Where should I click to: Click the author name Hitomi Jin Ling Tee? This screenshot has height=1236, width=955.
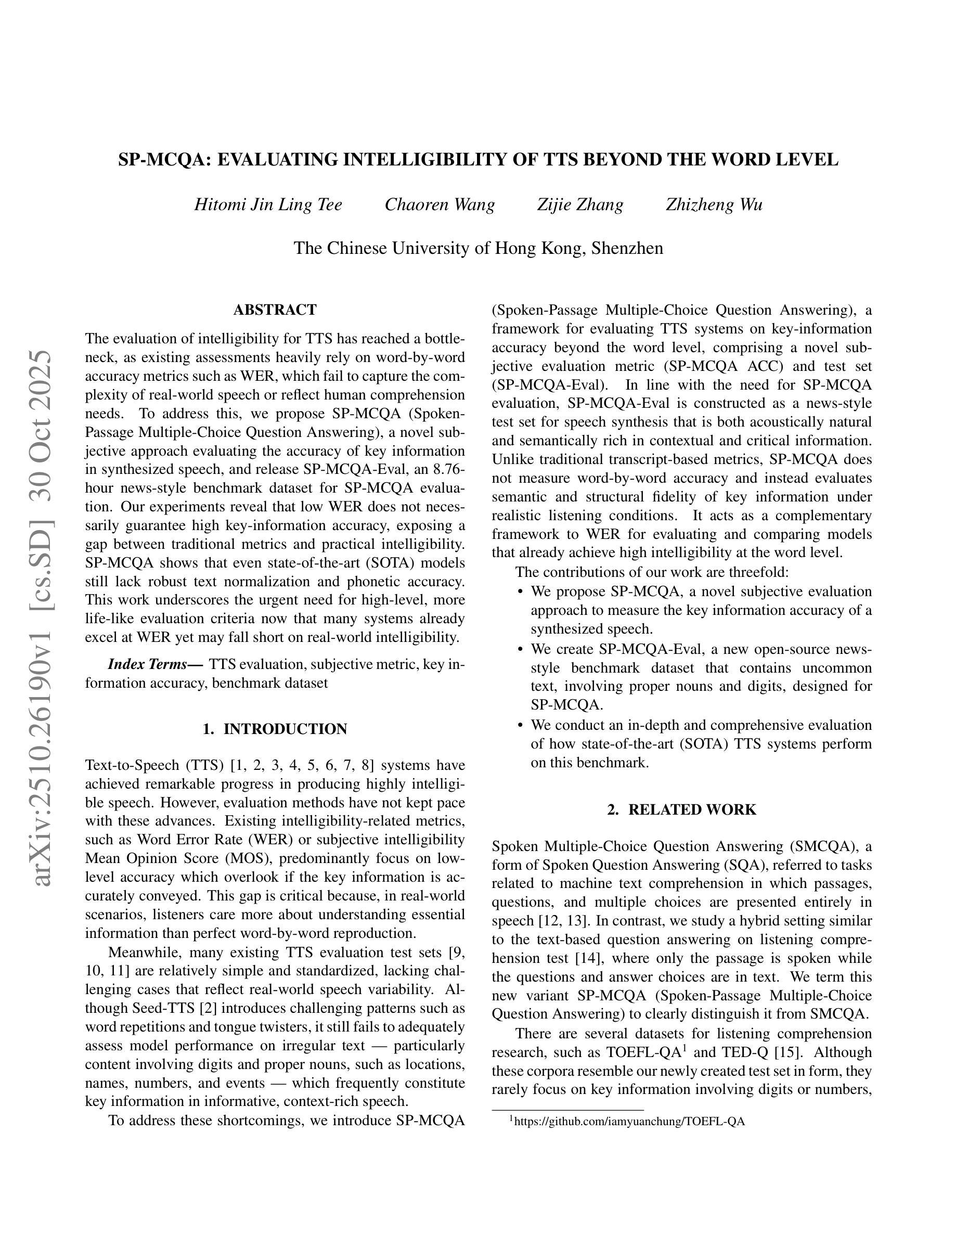pos(268,204)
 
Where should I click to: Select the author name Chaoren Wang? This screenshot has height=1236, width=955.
pos(440,204)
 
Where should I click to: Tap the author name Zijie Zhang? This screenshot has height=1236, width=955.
pos(580,204)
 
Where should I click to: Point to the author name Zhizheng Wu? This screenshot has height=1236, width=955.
pos(714,204)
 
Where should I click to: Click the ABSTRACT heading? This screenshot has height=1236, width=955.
pos(275,310)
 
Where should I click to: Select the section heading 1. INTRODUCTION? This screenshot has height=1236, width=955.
pos(275,729)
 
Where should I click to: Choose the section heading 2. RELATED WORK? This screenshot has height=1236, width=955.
pos(682,809)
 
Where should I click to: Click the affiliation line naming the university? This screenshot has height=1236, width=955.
pos(478,248)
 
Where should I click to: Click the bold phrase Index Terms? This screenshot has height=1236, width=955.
pos(155,664)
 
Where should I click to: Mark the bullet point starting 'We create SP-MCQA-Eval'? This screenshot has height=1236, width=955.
pos(701,677)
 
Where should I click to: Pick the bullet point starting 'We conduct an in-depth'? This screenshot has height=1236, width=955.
pos(701,744)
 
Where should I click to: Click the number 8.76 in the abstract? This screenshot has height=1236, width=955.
pos(447,470)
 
